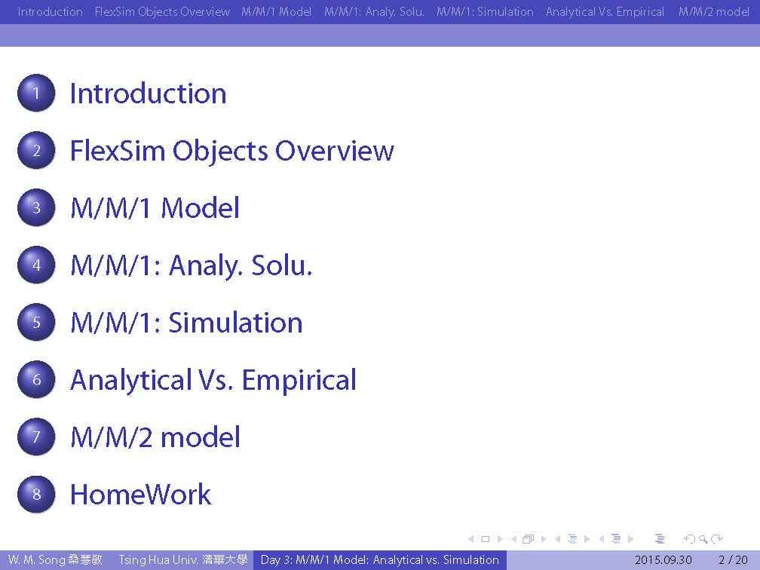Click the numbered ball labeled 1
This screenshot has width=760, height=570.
point(36,93)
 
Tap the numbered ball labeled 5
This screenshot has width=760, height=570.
point(36,322)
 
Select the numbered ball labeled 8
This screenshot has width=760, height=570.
point(36,494)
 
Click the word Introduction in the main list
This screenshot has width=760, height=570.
point(148,93)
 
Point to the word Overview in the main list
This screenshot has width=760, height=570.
point(335,151)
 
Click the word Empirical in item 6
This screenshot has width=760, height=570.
point(299,380)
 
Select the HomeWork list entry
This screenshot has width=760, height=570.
point(140,495)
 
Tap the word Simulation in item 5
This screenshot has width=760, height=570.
point(235,323)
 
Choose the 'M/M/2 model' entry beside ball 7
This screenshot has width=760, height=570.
point(155,437)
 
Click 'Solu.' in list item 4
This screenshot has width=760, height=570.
point(282,265)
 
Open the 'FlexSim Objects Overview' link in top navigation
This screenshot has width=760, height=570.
point(162,11)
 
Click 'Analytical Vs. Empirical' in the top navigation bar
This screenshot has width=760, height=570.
point(605,11)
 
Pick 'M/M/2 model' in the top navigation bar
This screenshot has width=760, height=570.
point(713,11)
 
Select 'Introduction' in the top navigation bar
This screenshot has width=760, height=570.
point(50,11)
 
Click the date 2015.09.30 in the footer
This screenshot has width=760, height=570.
point(663,559)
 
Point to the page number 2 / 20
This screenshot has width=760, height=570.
point(733,559)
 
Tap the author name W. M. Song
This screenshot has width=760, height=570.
point(36,559)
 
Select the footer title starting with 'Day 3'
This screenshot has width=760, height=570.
point(379,559)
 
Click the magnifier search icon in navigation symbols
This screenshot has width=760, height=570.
point(703,539)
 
